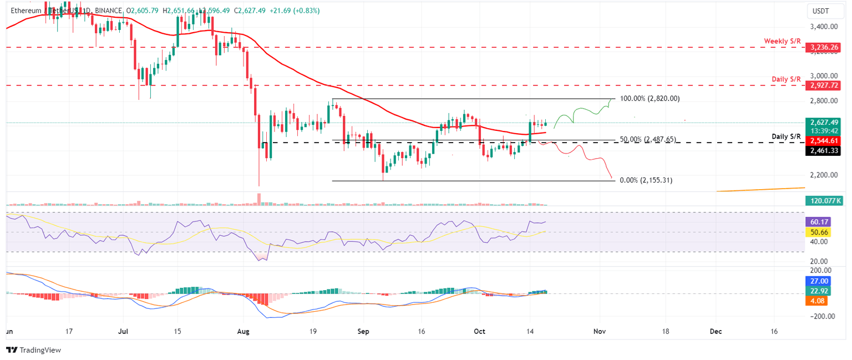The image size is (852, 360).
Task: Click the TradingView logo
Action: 33,350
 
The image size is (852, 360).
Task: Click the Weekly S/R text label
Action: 782,42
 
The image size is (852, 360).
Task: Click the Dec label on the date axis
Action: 716,331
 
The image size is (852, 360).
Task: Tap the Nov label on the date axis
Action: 599,331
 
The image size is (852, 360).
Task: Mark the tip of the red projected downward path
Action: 612,179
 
